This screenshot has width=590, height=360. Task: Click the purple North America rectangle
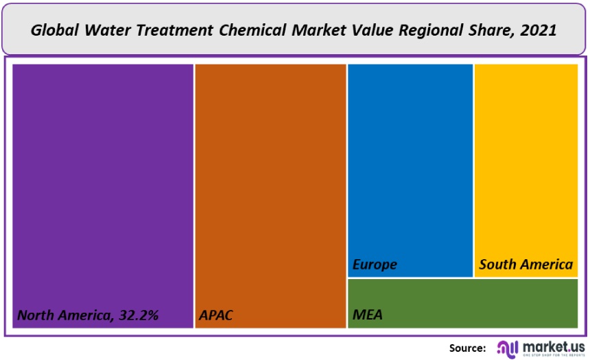tap(103, 185)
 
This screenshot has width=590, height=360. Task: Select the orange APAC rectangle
tap(270, 185)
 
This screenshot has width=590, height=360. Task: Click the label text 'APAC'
tap(216, 316)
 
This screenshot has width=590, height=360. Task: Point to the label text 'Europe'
tap(375, 264)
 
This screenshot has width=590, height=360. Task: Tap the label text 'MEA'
tap(368, 315)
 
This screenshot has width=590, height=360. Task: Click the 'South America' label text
tap(526, 264)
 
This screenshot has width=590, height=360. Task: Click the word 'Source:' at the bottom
tap(468, 347)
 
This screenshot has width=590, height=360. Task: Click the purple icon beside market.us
tap(508, 347)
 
